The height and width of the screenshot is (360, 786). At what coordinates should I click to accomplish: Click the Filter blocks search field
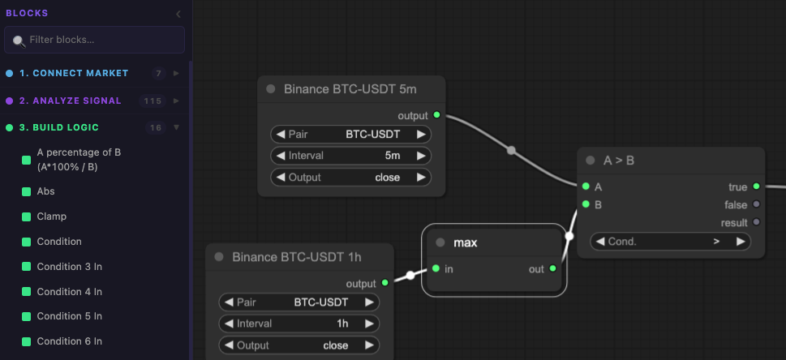[x=94, y=40]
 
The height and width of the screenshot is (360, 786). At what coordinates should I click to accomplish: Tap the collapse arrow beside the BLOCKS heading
[x=178, y=14]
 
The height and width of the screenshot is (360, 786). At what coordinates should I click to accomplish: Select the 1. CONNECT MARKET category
[x=74, y=73]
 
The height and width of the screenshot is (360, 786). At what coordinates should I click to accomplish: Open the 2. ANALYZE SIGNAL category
[x=71, y=101]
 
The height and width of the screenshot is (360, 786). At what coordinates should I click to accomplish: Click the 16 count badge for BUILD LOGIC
[x=156, y=128]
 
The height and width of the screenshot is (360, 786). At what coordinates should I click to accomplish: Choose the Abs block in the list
[x=45, y=191]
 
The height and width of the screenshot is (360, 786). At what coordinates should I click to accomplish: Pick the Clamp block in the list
[x=52, y=216]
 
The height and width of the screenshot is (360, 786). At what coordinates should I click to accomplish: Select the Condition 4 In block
[x=69, y=292]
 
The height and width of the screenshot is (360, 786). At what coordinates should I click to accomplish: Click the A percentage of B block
[x=79, y=160]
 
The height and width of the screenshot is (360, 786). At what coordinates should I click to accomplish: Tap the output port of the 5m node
[x=436, y=115]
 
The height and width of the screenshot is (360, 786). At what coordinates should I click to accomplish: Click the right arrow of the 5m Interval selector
[x=421, y=156]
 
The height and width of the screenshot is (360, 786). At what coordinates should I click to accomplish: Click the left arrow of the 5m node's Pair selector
[x=281, y=135]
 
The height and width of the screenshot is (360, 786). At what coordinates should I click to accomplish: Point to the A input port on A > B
[x=586, y=186]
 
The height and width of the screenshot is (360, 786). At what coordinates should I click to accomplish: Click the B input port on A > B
[x=586, y=204]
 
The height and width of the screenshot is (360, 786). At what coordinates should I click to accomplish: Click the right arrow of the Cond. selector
[x=741, y=241]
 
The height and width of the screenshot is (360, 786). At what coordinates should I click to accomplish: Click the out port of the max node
[x=553, y=268]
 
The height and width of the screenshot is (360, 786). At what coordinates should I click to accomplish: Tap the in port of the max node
[x=436, y=268]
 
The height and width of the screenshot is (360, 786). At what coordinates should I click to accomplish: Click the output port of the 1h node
[x=385, y=283]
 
